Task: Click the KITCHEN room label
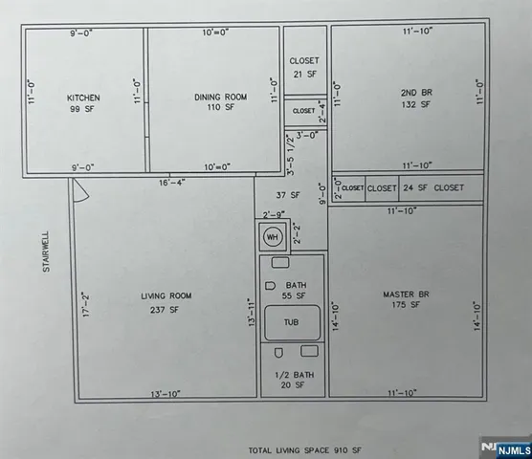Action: coord(82,98)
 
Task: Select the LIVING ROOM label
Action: coord(167,296)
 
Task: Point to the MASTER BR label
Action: coord(402,293)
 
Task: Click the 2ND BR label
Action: coord(416,93)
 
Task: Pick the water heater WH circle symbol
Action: coord(272,235)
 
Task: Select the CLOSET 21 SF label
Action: coord(304,67)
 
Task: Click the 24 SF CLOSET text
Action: coord(432,188)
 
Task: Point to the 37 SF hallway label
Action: coord(295,195)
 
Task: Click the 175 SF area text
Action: coord(402,305)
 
